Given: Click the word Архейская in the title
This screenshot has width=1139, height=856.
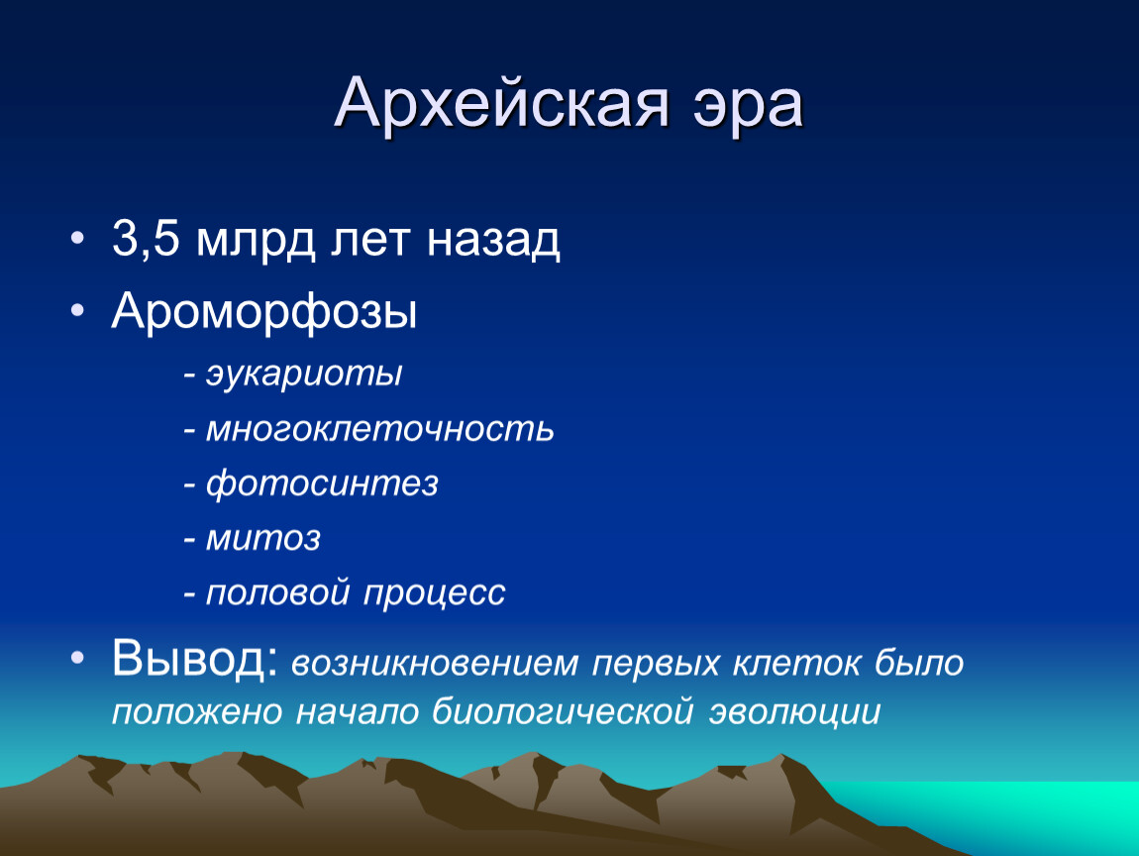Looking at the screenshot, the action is [500, 104].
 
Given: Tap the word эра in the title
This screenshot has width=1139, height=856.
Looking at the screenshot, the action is [747, 110].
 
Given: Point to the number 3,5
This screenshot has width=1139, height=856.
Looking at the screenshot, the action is [146, 239].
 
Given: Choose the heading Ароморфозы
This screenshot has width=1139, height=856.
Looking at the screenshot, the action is [264, 312].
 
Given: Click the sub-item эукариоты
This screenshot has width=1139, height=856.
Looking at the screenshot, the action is [304, 374].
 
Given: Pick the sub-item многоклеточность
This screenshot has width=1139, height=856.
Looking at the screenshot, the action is [380, 429].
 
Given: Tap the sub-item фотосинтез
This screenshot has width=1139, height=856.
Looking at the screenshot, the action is [322, 483].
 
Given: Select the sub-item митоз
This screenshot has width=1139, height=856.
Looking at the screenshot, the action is [262, 538].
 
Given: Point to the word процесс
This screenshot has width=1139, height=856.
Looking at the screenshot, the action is [434, 593].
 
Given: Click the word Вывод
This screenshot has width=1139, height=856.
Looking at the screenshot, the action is [195, 659].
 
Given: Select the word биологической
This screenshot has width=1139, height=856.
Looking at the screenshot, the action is [563, 710].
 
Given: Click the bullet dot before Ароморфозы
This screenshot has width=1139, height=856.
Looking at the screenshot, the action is [77, 310].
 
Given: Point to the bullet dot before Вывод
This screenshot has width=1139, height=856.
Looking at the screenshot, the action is [77, 657].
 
